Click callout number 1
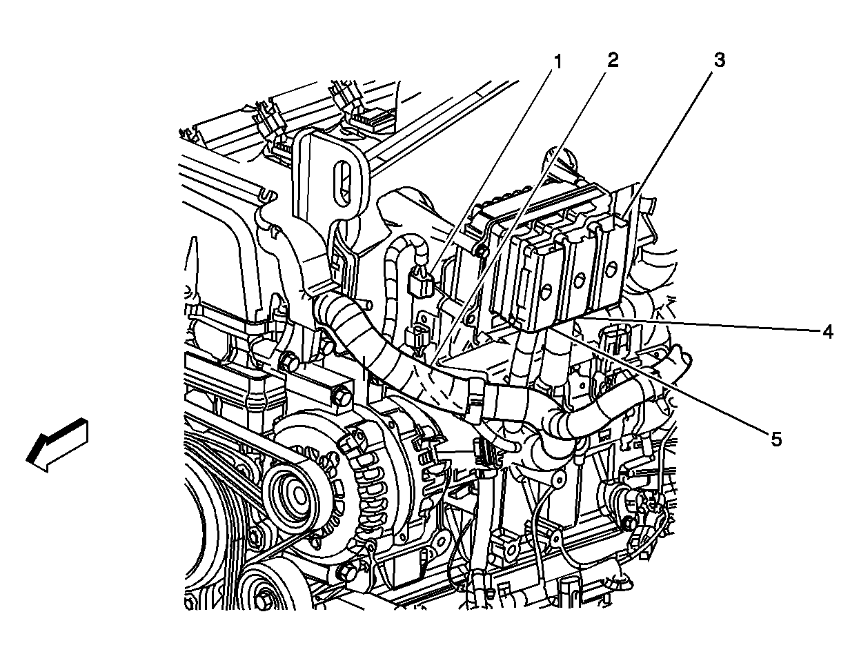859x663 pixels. pyautogui.click(x=556, y=63)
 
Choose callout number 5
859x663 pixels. pyautogui.click(x=776, y=439)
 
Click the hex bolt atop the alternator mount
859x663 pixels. pyautogui.click(x=342, y=399)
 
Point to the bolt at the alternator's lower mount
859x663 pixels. pyautogui.click(x=347, y=572)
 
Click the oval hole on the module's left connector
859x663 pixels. pyautogui.click(x=546, y=288)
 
